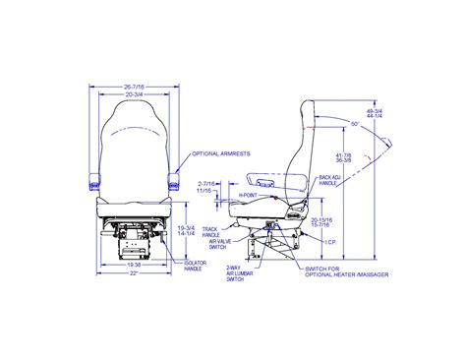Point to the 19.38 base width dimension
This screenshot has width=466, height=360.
(133, 264)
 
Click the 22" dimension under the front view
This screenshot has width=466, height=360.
(133, 272)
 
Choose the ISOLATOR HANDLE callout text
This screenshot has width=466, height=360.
(197, 267)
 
